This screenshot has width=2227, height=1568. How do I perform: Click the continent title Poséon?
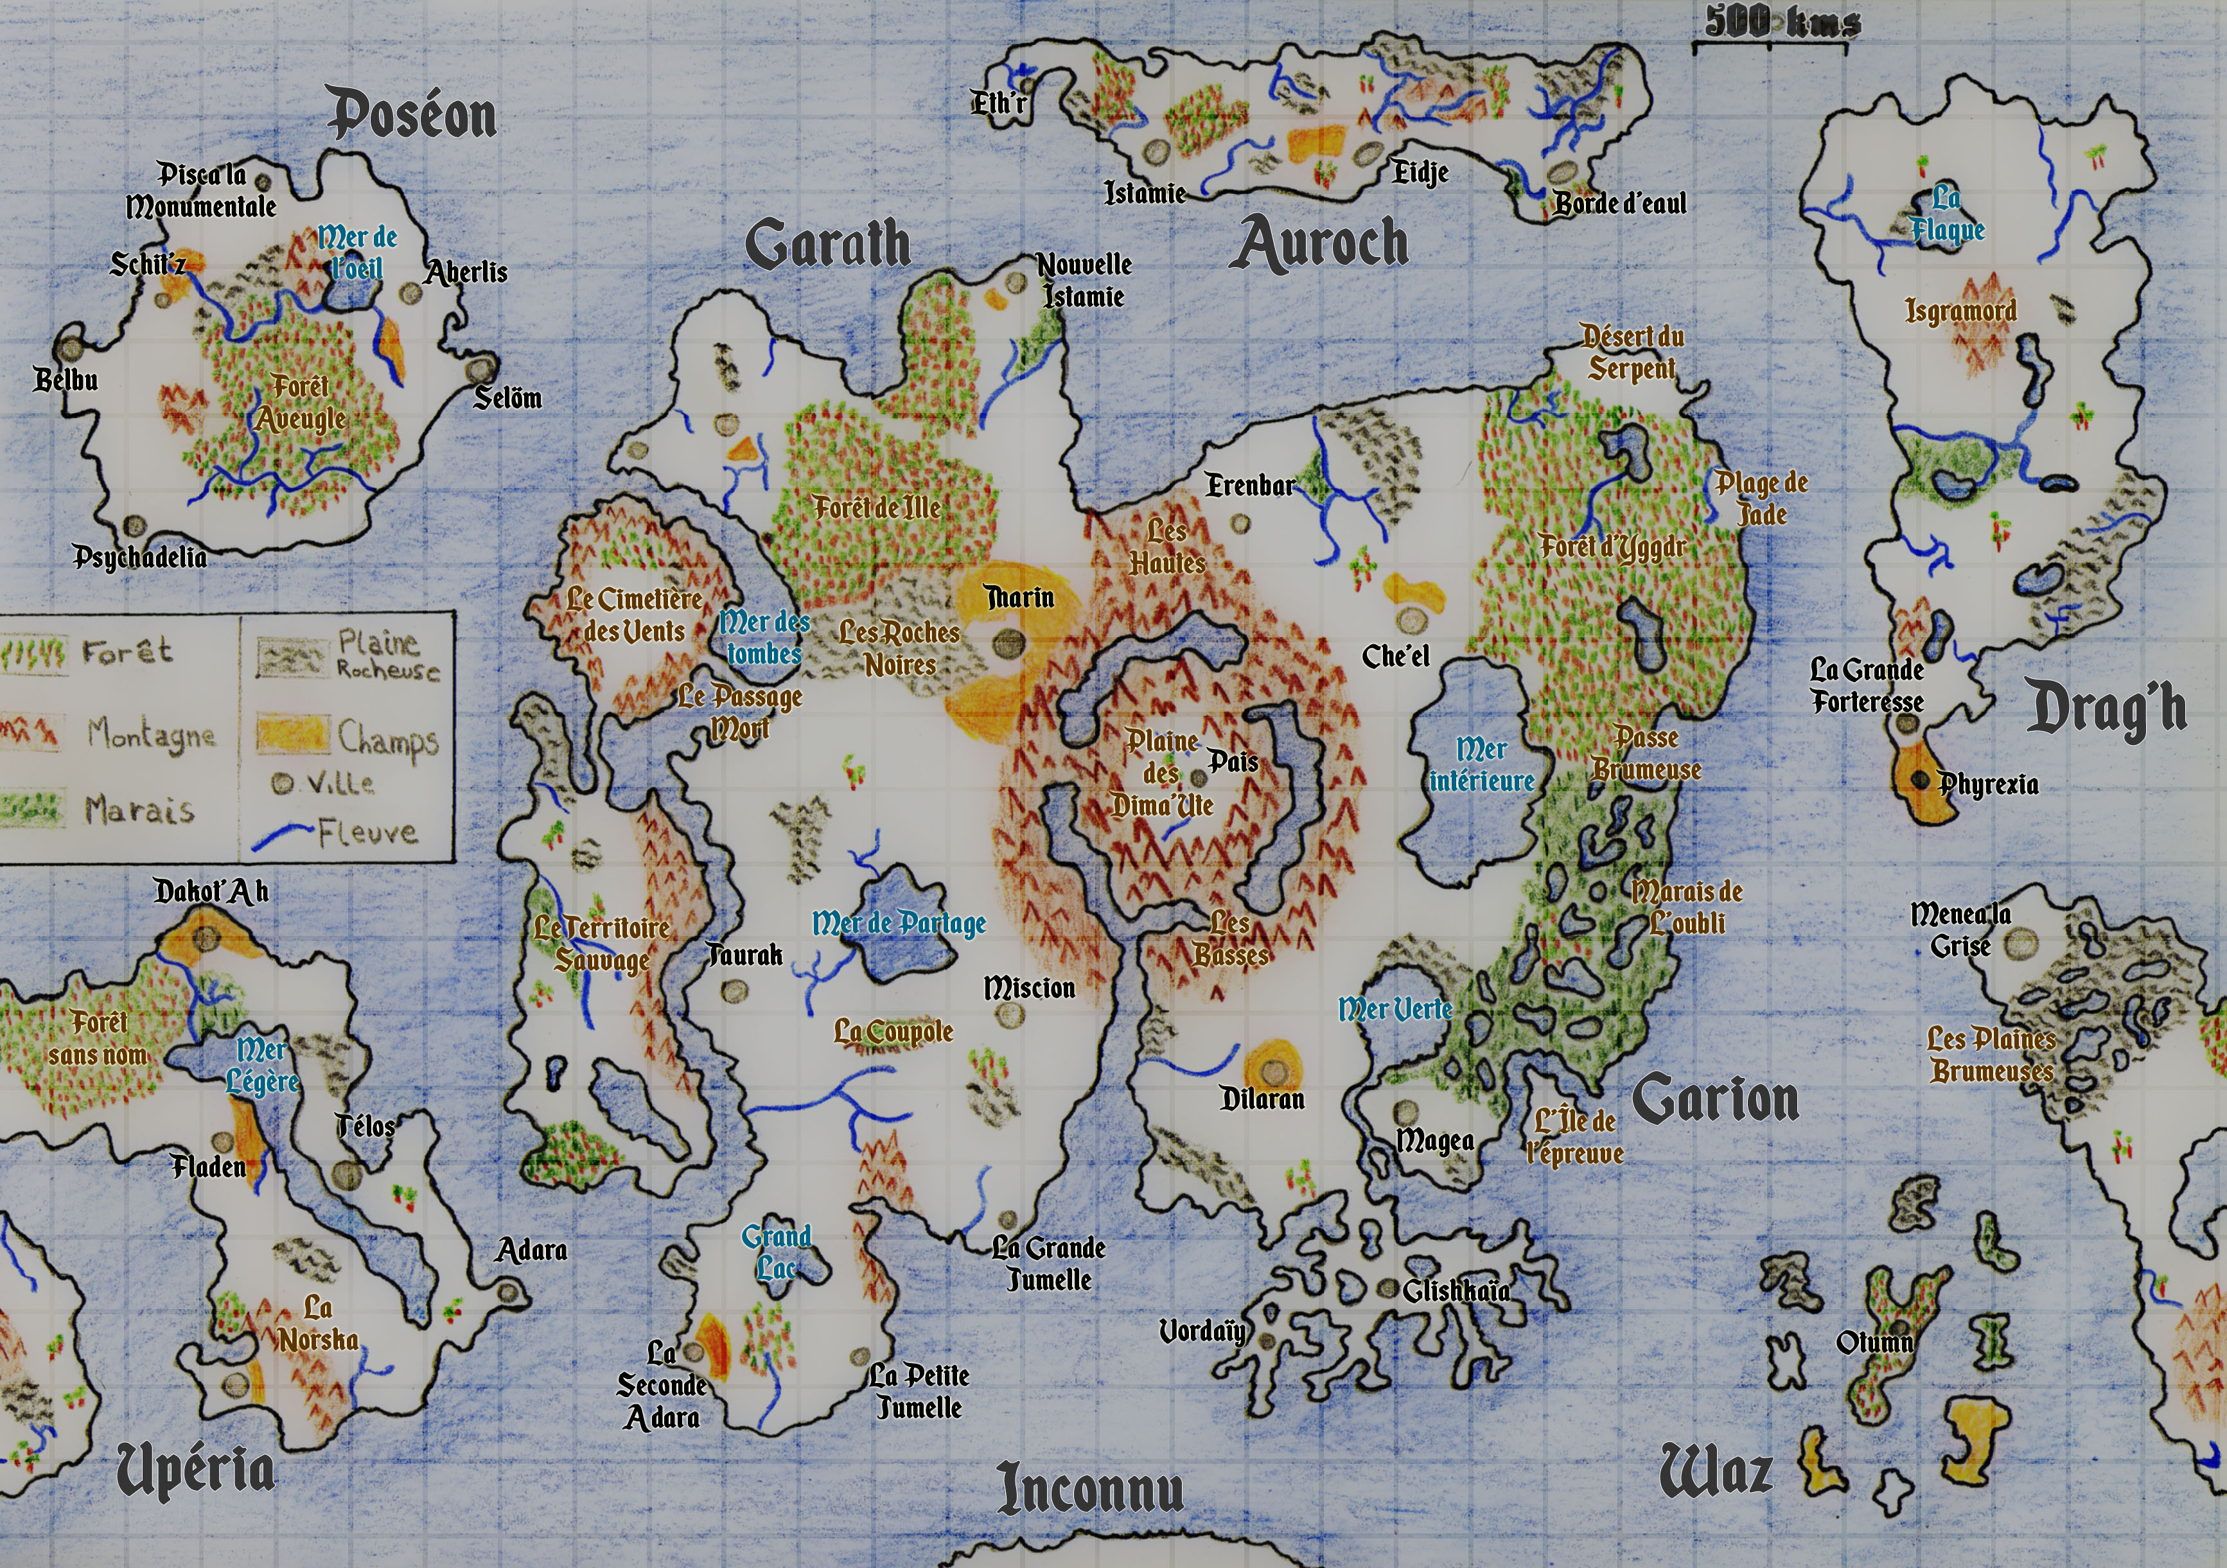(x=413, y=114)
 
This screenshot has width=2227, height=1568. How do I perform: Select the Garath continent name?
(x=827, y=243)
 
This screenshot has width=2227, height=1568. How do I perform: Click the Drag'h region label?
(x=2107, y=709)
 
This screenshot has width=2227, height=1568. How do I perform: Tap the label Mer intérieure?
(x=1481, y=765)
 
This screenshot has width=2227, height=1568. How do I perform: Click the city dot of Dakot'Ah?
(x=206, y=938)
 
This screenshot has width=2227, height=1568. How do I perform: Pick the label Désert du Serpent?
(x=1632, y=353)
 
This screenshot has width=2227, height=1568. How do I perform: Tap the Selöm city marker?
(x=477, y=369)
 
